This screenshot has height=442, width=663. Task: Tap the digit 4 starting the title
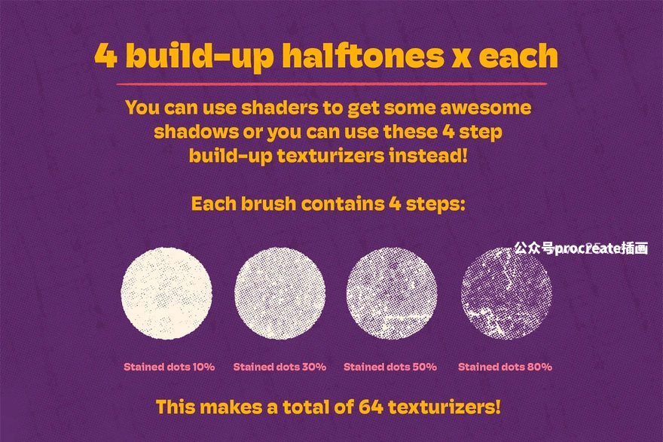pos(105,56)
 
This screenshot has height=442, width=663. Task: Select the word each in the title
pos(518,56)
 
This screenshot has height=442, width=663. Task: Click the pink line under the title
pos(331,84)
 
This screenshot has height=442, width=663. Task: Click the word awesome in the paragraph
pos(485,108)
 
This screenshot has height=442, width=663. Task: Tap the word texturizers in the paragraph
pos(331,156)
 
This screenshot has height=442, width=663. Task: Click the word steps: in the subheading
pos(435,204)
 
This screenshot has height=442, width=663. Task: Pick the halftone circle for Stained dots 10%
pos(167,293)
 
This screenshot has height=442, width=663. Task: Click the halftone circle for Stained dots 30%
pos(280,293)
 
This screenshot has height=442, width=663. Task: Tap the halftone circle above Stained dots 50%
pos(392,293)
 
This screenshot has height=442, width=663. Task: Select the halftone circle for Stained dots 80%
pos(506,293)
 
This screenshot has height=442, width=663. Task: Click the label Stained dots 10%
pos(169,367)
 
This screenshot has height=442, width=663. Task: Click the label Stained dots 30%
pos(280,367)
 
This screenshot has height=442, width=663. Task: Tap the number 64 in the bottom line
pos(371,407)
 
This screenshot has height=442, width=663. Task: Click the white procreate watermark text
pos(581,248)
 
